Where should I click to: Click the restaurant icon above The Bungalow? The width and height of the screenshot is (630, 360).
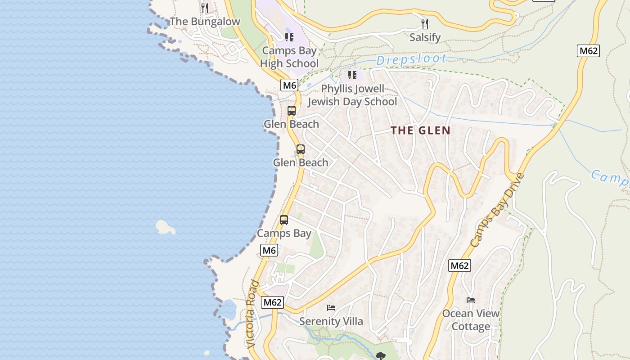205,8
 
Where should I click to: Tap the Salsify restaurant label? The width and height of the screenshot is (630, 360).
425,37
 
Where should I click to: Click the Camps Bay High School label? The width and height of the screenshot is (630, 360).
289,57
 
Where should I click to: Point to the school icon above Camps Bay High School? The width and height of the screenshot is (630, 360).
289,37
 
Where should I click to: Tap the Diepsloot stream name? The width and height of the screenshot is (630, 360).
411,59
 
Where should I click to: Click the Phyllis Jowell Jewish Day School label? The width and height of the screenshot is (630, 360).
352,95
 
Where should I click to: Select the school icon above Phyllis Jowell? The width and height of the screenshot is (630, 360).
352,75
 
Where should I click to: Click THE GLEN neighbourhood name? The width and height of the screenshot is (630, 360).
420,131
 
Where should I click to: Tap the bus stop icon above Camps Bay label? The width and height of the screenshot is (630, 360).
284,220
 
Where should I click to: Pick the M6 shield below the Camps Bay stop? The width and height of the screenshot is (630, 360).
269,250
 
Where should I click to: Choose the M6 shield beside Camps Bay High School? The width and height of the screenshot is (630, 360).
289,85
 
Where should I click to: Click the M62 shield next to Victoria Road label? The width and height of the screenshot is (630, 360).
273,302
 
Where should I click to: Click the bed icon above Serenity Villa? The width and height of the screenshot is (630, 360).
331,308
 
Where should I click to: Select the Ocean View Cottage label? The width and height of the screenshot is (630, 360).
471,320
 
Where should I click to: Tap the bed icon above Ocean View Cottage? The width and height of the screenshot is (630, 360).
471,300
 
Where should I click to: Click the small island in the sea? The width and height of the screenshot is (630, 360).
165,227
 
